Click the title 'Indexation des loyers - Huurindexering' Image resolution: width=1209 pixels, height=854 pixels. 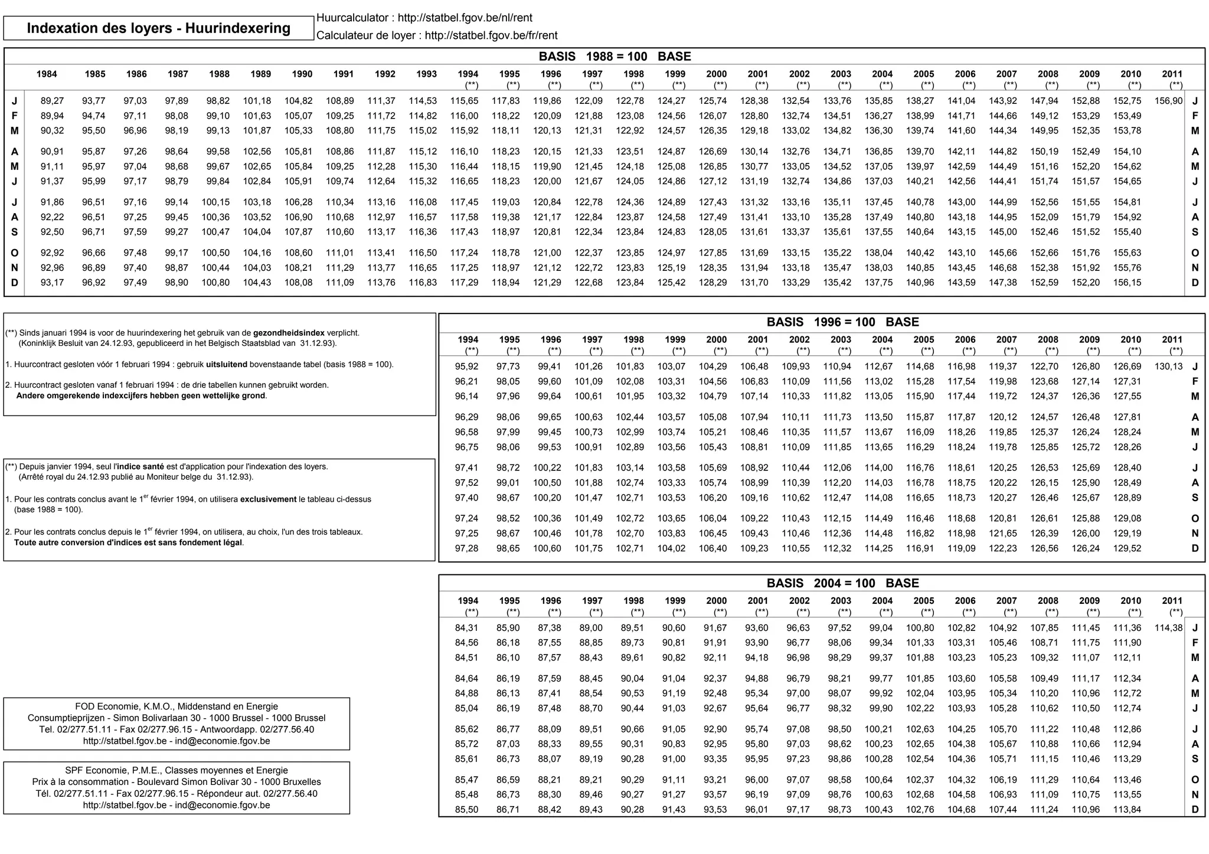click(x=158, y=28)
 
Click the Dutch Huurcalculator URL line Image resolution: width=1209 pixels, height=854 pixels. click(x=424, y=18)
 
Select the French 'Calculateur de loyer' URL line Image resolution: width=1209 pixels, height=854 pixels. click(x=436, y=35)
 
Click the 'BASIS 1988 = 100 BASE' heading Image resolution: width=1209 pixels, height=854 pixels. click(x=615, y=57)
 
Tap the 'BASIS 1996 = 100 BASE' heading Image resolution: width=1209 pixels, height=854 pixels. click(x=842, y=322)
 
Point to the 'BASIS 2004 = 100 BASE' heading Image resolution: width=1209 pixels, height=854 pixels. click(x=842, y=583)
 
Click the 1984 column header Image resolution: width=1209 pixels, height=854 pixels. click(x=47, y=74)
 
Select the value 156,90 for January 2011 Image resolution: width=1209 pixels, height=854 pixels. click(x=1168, y=101)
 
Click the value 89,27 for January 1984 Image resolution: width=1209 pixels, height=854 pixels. click(x=52, y=101)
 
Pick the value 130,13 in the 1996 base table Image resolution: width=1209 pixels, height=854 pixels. click(x=1168, y=367)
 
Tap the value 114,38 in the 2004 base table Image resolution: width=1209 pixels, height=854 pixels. click(x=1168, y=628)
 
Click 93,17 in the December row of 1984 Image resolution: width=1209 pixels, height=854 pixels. click(x=52, y=283)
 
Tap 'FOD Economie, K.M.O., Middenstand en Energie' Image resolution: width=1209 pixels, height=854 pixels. click(x=176, y=706)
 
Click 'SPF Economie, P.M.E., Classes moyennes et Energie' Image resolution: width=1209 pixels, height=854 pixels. click(x=176, y=770)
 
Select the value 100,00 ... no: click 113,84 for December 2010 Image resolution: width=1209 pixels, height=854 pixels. click(x=1127, y=810)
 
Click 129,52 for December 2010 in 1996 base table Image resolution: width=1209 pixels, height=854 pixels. click(x=1127, y=548)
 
